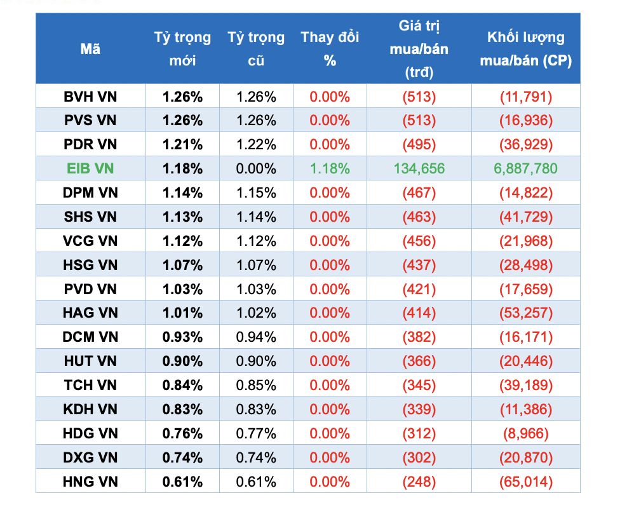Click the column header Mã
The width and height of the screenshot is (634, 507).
point(90,49)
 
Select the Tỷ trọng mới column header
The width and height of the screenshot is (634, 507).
point(182,49)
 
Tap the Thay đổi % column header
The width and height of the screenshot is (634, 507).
point(330,49)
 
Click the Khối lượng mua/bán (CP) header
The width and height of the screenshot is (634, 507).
point(525,49)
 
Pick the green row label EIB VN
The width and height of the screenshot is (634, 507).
point(90,168)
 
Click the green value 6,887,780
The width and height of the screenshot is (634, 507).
point(525,168)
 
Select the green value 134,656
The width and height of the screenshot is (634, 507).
point(419,168)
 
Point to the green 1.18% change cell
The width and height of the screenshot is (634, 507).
point(330,168)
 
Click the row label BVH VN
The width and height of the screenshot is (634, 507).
point(90,97)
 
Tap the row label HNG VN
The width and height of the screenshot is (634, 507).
point(90,482)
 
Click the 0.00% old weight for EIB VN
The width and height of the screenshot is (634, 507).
point(256,168)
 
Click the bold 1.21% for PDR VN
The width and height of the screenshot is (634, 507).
point(182,144)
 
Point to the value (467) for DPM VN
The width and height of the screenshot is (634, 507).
point(419,193)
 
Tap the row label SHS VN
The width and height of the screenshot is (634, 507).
point(90,217)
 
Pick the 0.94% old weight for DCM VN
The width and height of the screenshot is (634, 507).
point(256,337)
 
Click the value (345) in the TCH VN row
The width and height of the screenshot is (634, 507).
point(419,385)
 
